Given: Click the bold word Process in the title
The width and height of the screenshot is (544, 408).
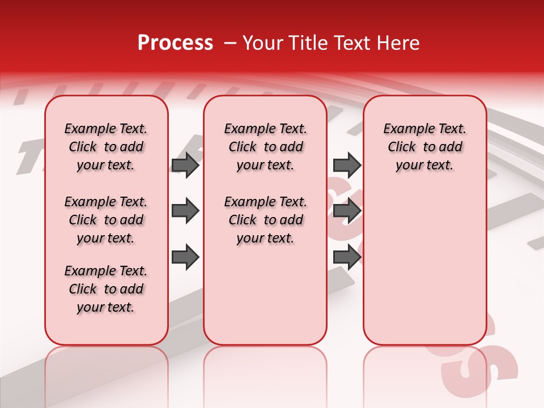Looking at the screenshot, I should (175, 43).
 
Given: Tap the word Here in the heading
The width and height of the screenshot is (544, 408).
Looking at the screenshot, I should (399, 43).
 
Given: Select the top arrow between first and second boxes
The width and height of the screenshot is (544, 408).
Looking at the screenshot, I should (185, 165).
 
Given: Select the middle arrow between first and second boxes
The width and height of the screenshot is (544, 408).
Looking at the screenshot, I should (185, 211).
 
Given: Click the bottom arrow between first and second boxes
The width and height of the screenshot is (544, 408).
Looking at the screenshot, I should (185, 257).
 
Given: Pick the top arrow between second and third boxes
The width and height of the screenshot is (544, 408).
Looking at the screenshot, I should (347, 165).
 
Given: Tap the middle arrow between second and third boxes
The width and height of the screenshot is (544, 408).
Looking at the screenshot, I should (347, 211).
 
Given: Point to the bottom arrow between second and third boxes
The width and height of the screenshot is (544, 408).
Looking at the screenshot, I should (347, 257).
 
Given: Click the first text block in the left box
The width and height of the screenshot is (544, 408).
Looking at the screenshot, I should (106, 147).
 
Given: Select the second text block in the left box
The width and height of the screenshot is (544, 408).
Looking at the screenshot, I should (106, 220).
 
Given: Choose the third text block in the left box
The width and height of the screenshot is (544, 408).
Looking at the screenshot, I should (106, 289).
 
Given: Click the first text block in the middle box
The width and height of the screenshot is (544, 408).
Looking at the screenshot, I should (265, 147).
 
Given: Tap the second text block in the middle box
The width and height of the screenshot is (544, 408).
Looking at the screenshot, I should (265, 220).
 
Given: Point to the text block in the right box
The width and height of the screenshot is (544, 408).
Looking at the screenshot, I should (424, 147).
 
